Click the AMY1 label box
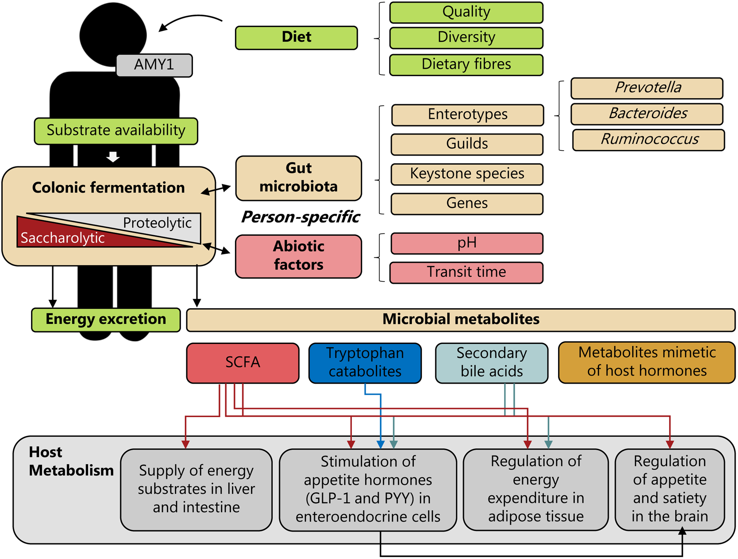(x=154, y=65)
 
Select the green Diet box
(x=296, y=38)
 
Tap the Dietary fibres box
(x=466, y=65)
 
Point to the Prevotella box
(x=647, y=88)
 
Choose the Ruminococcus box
(x=648, y=140)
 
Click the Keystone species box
(x=467, y=174)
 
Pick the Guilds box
(x=467, y=144)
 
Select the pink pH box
(x=467, y=243)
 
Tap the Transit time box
(x=466, y=272)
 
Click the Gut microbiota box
(x=298, y=178)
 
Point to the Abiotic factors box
(x=298, y=256)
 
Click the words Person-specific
(x=300, y=217)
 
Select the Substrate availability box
(x=116, y=131)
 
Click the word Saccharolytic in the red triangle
(x=63, y=238)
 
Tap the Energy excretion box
(x=106, y=319)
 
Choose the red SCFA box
(x=243, y=362)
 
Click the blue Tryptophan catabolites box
(x=365, y=362)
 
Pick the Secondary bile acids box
(x=491, y=362)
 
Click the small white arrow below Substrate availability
(x=113, y=157)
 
